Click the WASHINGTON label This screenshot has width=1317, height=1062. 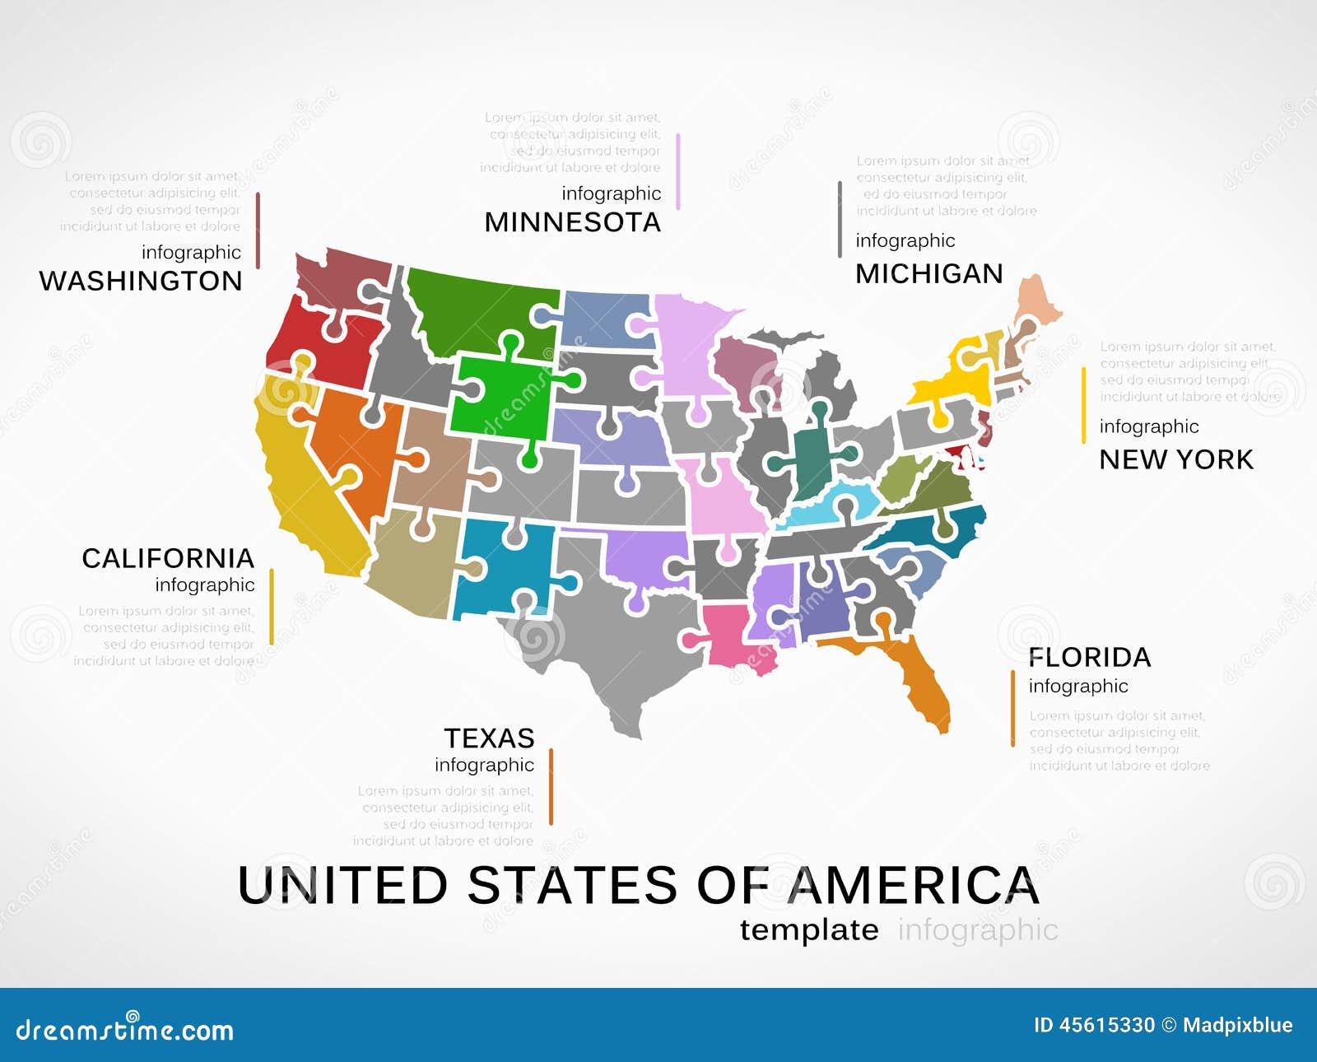point(141,281)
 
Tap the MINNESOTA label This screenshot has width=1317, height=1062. point(572,222)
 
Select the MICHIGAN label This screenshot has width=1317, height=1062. point(929,273)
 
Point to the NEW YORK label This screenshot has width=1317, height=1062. point(1176,459)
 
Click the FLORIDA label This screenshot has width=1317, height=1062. point(1089,657)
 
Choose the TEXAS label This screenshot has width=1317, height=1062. point(489,738)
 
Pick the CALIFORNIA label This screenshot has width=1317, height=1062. point(168,558)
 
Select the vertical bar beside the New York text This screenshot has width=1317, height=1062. point(1083,405)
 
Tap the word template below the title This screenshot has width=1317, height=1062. point(809,929)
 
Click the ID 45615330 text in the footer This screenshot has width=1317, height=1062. point(1094,1025)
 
